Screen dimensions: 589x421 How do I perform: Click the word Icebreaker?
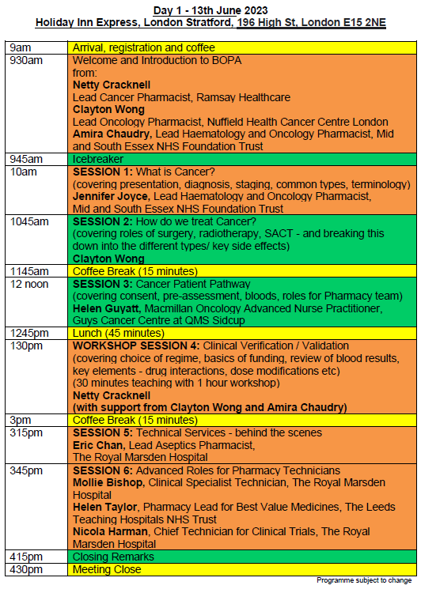pyautogui.click(x=99, y=159)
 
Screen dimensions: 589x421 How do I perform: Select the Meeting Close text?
pyautogui.click(x=107, y=569)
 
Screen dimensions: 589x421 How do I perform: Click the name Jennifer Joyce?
pyautogui.click(x=110, y=196)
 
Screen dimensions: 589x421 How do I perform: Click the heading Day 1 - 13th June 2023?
pyautogui.click(x=210, y=9)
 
